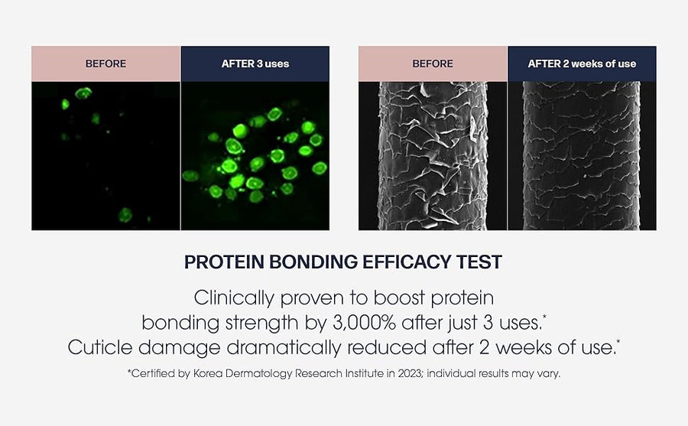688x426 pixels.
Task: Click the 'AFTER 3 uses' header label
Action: (255, 63)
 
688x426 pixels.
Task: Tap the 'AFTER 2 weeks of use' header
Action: (582, 63)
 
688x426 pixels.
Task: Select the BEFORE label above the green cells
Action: (105, 63)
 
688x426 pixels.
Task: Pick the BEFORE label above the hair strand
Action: (433, 63)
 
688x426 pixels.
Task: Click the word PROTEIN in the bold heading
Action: (224, 262)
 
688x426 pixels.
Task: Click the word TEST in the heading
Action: (479, 262)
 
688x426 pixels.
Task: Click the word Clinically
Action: (234, 298)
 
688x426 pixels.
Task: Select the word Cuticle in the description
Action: (100, 347)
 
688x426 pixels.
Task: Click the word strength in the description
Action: (261, 324)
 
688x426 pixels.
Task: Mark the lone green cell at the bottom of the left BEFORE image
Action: (125, 215)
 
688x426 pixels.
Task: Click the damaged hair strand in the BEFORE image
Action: (433, 155)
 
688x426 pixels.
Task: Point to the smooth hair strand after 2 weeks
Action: (582, 155)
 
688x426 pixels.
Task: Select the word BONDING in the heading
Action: (313, 262)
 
